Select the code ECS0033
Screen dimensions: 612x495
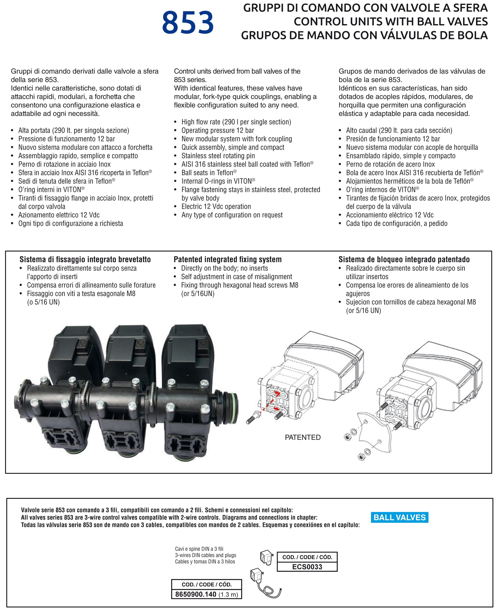point(307,567)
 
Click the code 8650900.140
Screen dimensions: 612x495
point(196,594)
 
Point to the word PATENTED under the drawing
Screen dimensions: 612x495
point(302,437)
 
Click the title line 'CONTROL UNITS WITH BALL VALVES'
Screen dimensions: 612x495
point(391,22)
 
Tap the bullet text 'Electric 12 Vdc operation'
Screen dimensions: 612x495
point(216,206)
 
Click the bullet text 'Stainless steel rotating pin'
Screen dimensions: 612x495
point(218,156)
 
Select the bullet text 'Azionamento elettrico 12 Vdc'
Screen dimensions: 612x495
point(59,215)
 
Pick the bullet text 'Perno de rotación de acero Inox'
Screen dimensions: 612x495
point(390,164)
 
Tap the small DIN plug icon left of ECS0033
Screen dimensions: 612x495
point(267,557)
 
